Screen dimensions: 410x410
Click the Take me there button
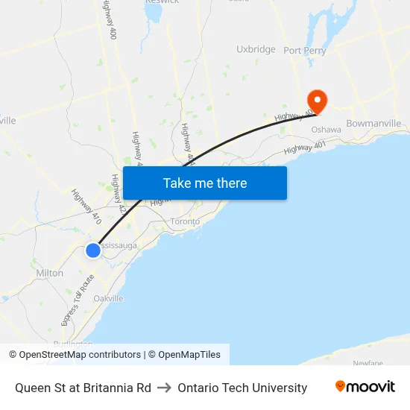coord(204,183)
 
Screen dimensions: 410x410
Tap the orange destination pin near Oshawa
coord(317,101)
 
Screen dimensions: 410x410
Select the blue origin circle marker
coord(93,250)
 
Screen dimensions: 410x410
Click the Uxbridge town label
coord(256,49)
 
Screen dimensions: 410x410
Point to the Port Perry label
coord(304,50)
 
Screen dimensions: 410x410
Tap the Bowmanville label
coord(373,123)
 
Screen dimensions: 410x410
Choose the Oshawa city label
coord(326,130)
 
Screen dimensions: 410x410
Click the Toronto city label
coord(186,221)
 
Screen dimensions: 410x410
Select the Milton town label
coord(50,273)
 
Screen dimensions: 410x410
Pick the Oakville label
coord(108,298)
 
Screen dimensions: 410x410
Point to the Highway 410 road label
coord(86,206)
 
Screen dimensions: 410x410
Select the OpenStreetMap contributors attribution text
coord(80,355)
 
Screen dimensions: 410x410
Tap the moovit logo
coord(365,387)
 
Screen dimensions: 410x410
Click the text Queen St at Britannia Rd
coord(83,388)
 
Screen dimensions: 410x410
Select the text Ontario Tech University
coord(242,388)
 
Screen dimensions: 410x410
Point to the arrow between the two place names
coord(165,388)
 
